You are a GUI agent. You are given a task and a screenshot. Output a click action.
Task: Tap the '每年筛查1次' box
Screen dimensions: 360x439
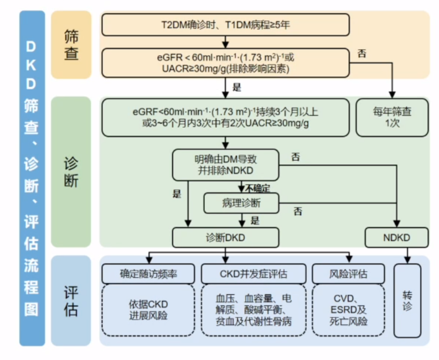(x=392, y=117)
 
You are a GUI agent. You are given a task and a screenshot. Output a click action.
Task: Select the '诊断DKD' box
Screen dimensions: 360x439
(x=225, y=238)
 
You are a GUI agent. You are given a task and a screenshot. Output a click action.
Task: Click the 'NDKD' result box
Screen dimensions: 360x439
(x=396, y=238)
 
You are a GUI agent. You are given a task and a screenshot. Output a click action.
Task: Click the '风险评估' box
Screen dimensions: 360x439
(x=348, y=273)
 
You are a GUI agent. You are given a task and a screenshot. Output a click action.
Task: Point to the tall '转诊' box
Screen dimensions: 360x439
(x=407, y=299)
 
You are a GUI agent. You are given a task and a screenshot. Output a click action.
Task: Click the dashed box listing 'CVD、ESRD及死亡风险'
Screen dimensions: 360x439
(x=348, y=310)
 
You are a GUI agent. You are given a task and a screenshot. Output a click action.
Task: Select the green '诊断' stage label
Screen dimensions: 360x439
(x=71, y=172)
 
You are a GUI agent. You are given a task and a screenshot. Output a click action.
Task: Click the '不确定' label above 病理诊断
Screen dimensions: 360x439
(x=257, y=188)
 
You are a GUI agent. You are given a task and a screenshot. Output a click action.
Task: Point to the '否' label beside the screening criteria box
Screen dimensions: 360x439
(x=362, y=54)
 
